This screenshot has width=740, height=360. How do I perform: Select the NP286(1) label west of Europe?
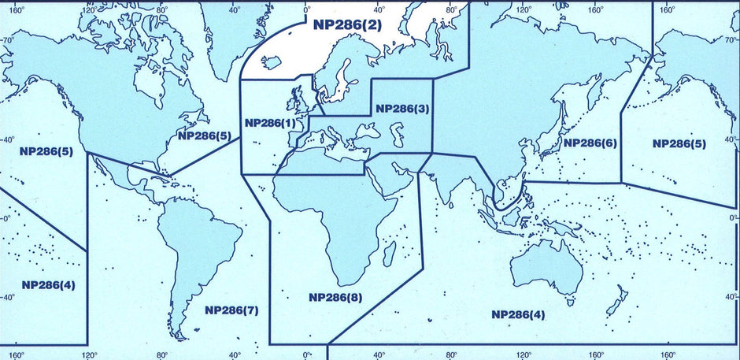point(270,124)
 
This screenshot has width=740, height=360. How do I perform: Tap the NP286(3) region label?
point(402,108)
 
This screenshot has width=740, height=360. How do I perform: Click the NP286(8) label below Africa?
point(335,297)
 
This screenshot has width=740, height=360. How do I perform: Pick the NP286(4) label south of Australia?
point(518,314)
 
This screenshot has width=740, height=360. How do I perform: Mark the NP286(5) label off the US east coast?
point(204,135)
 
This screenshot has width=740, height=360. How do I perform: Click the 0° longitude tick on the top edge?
point(307,10)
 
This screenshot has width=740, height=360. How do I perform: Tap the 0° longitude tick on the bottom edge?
point(307,354)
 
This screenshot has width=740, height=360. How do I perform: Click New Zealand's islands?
point(620,303)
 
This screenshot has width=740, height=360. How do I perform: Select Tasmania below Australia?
point(569,300)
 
